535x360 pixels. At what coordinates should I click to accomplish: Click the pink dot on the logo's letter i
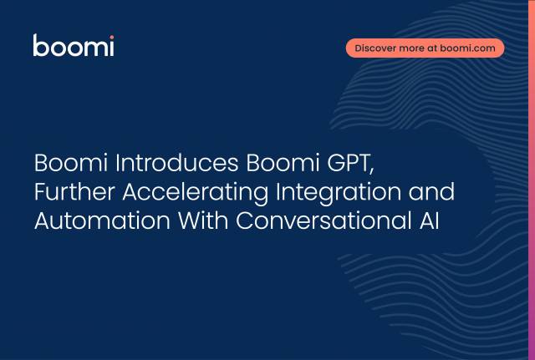tap(112, 37)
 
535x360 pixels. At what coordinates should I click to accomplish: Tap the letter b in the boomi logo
tap(41, 45)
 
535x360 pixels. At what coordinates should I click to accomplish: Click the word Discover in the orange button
tap(375, 48)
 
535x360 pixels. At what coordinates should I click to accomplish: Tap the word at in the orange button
tap(432, 48)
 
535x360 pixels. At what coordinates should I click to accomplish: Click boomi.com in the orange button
tap(467, 48)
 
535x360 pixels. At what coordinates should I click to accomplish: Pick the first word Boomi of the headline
tap(71, 163)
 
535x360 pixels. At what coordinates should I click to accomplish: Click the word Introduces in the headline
tap(176, 163)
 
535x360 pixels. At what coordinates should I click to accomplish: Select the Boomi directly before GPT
tap(283, 163)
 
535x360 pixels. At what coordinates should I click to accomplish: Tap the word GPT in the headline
tap(350, 164)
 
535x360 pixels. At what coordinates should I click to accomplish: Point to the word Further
tap(74, 191)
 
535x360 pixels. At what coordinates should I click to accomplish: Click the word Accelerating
tap(195, 193)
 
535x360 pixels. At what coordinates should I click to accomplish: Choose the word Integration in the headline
tap(338, 193)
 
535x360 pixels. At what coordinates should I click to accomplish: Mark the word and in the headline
tap(431, 191)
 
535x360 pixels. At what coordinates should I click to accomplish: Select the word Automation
tap(102, 221)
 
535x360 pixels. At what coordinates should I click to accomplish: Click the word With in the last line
tap(203, 221)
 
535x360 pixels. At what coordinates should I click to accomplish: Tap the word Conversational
tap(324, 221)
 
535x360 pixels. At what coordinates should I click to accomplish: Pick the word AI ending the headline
tap(429, 221)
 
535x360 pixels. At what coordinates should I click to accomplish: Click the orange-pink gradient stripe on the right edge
tap(532, 180)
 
